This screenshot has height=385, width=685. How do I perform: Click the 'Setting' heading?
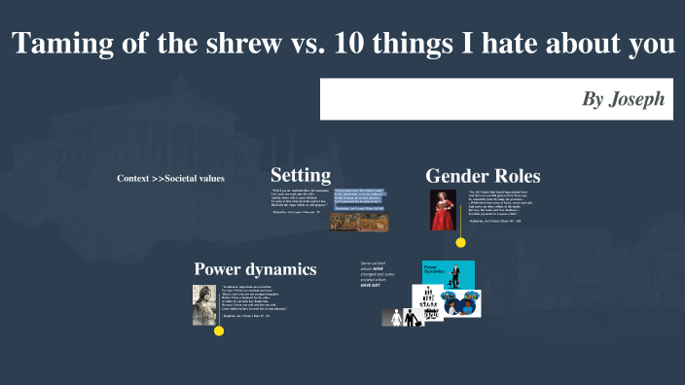(301, 175)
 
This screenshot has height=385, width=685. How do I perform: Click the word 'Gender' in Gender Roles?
(460, 176)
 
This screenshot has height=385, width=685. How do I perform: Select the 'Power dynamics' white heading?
(255, 269)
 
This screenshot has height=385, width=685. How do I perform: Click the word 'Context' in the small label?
(132, 179)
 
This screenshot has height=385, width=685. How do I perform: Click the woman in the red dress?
(443, 209)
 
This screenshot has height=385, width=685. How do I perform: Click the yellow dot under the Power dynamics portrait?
(219, 332)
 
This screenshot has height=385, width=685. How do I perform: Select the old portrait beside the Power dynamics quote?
(204, 303)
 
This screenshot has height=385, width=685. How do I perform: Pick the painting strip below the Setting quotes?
(359, 223)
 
